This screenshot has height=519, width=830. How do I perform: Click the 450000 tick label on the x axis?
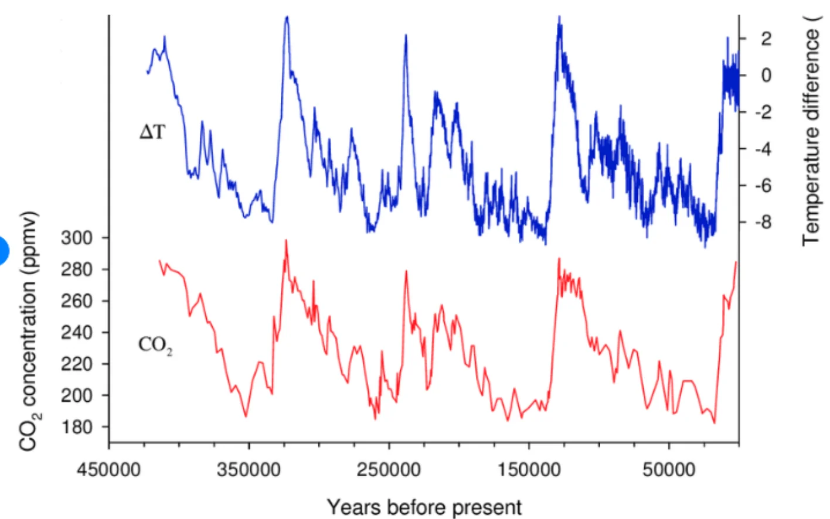(108, 469)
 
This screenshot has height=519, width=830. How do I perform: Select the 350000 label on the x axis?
(249, 469)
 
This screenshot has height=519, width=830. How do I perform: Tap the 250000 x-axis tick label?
(389, 469)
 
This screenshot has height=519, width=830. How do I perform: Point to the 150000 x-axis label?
(529, 469)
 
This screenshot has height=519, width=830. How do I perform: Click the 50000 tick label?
(669, 469)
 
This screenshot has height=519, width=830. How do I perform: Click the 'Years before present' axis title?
(424, 507)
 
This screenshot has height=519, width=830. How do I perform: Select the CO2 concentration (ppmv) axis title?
(29, 331)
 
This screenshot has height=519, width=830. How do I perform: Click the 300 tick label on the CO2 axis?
(77, 238)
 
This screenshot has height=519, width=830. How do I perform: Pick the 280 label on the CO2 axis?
(77, 269)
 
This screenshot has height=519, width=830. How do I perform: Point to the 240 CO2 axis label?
(77, 333)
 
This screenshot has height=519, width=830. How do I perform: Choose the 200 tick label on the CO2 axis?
(77, 395)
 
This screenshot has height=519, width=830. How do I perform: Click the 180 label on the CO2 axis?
(77, 427)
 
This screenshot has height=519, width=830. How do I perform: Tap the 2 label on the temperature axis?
(766, 39)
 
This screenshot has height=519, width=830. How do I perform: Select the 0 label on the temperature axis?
(766, 75)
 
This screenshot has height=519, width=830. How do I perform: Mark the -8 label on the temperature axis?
(763, 222)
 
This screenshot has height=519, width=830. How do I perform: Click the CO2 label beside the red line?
(155, 345)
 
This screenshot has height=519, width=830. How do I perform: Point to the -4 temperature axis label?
(763, 149)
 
